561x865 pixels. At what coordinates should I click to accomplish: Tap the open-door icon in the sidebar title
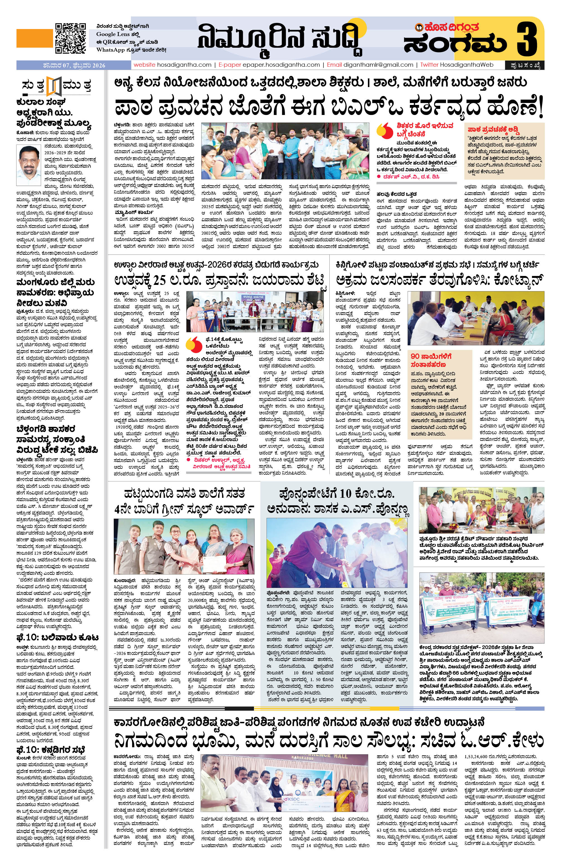pyautogui.click(x=53, y=86)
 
